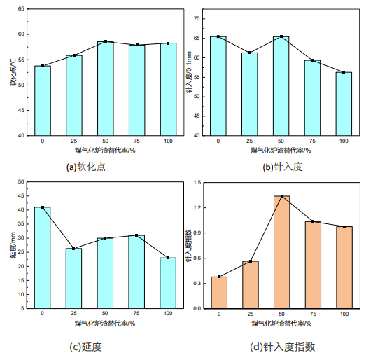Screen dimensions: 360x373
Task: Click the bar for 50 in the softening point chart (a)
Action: tap(105, 88)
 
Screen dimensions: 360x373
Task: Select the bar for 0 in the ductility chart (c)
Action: tap(42, 258)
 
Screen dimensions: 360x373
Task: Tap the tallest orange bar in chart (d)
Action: tap(281, 252)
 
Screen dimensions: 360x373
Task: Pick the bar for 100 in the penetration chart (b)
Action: tap(344, 104)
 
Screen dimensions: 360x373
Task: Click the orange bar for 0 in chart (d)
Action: tap(218, 293)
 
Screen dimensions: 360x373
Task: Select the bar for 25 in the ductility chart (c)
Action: tap(73, 278)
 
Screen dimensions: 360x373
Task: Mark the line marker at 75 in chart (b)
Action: tap(312, 60)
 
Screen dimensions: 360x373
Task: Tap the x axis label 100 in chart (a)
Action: tap(168, 141)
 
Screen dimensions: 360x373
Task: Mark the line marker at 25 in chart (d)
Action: tap(250, 261)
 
